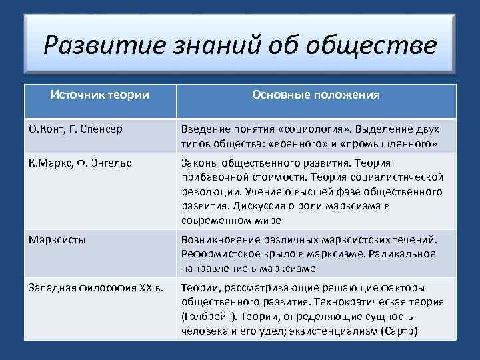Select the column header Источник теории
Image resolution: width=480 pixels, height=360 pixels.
click(x=100, y=95)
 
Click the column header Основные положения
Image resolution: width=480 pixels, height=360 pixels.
click(x=316, y=95)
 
